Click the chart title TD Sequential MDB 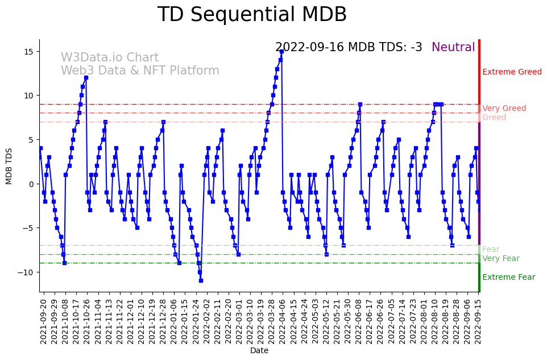(x=252, y=15)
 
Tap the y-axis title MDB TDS (x=9, y=165)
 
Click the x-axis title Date (x=259, y=350)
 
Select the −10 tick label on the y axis (x=26, y=272)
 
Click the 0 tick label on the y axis (x=31, y=184)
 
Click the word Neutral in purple (x=453, y=47)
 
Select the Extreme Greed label (x=512, y=72)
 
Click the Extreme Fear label (x=508, y=278)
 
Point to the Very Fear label (x=500, y=259)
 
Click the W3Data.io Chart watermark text (x=110, y=58)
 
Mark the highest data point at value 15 (x=281, y=51)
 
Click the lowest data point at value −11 (x=201, y=280)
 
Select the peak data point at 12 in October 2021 (x=86, y=78)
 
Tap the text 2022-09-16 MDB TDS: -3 (x=349, y=47)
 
